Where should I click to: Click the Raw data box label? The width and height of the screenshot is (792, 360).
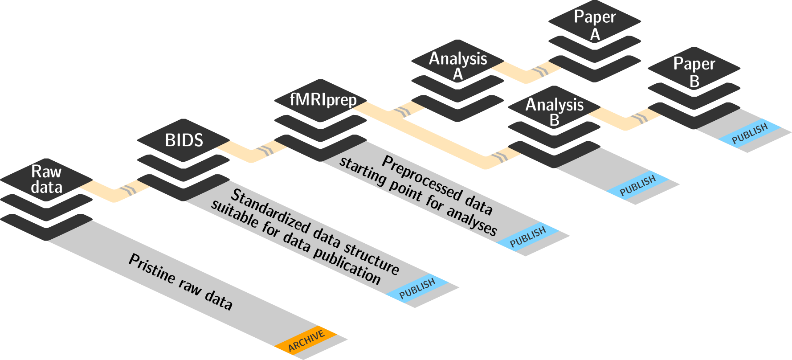coord(46,179)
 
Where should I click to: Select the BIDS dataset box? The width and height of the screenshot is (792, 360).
coord(184,140)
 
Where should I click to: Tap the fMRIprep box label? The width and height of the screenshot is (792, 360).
coord(323,99)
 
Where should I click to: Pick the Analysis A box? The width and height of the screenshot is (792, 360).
coord(457,65)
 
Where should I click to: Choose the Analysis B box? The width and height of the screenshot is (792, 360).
coord(554,112)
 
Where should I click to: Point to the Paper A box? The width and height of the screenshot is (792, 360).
coord(595,25)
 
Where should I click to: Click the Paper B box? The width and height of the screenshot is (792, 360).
coord(694,72)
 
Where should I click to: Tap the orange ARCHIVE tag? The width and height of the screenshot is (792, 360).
coord(306,341)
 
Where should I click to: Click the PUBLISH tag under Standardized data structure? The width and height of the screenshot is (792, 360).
coord(417,289)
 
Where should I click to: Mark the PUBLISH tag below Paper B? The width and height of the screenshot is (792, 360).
coord(750,133)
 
